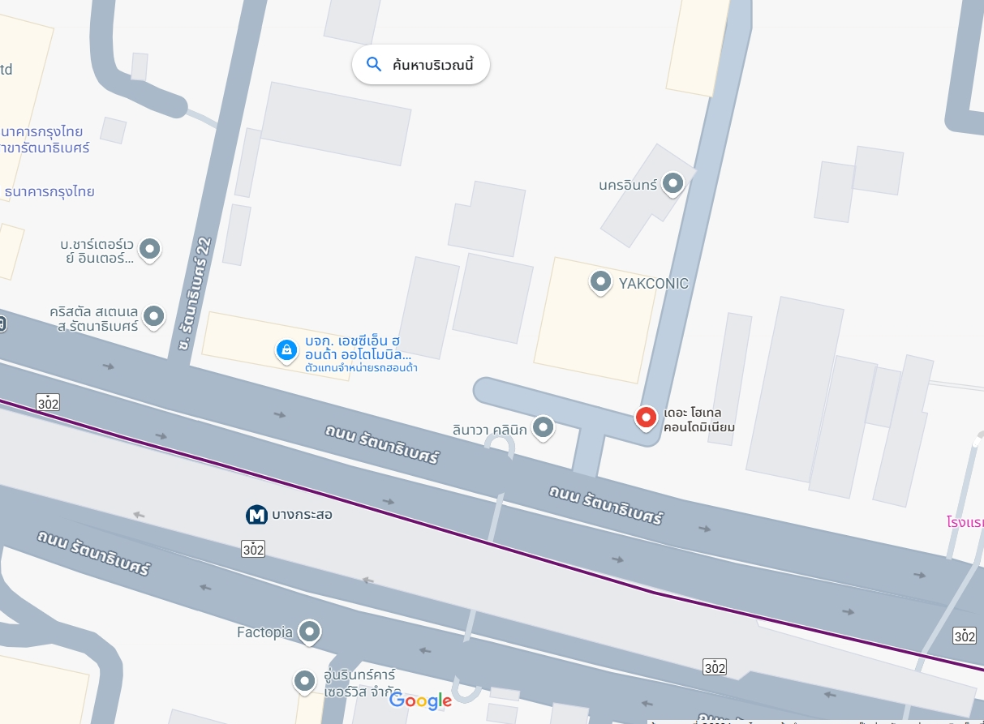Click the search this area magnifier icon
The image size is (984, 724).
click(x=374, y=65)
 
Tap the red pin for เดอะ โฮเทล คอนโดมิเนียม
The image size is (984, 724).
click(x=646, y=418)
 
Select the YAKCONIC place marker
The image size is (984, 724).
click(x=600, y=281)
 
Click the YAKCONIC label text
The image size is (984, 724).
click(x=653, y=284)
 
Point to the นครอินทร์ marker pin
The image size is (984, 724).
click(x=672, y=183)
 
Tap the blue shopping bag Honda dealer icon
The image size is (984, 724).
click(x=286, y=350)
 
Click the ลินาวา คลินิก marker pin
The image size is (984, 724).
click(x=544, y=426)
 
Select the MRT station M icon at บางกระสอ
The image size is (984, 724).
click(x=256, y=515)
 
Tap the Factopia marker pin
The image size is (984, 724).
click(x=308, y=631)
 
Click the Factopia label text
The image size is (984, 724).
click(x=264, y=632)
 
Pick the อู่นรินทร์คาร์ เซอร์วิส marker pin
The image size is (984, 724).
click(x=304, y=680)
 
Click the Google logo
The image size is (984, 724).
click(x=420, y=701)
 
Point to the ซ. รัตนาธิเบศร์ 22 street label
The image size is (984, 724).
click(x=196, y=293)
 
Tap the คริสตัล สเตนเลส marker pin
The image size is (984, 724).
click(x=153, y=316)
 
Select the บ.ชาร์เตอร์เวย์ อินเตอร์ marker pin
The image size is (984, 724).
click(x=149, y=248)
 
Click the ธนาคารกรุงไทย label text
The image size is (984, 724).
click(x=49, y=192)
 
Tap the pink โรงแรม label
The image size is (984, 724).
click(x=965, y=521)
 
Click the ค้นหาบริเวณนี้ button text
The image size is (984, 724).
click(x=432, y=65)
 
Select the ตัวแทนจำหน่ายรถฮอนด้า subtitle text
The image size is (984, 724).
click(x=361, y=368)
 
